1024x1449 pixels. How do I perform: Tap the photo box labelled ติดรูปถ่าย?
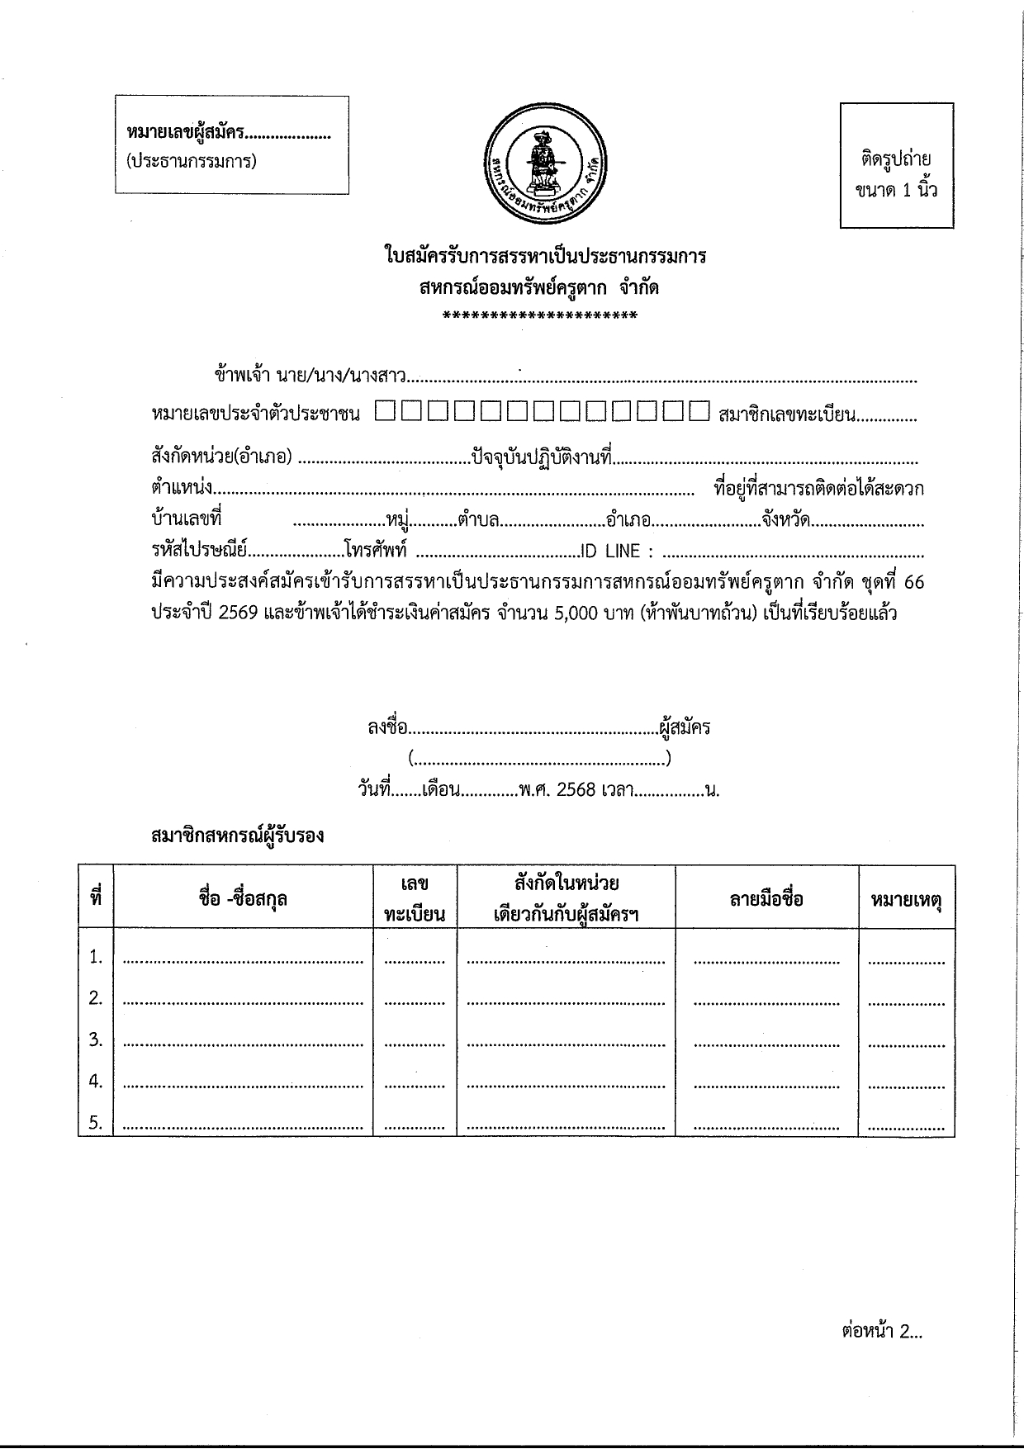(x=897, y=165)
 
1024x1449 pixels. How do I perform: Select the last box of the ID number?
(x=699, y=411)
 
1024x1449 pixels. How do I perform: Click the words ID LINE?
(x=610, y=552)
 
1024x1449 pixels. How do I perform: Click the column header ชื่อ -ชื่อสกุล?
(x=243, y=898)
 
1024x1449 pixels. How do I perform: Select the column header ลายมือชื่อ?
(x=766, y=898)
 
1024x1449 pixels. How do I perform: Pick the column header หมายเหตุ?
(x=906, y=898)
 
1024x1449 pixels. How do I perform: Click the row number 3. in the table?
(x=96, y=1039)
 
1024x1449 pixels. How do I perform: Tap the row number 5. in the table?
(x=96, y=1122)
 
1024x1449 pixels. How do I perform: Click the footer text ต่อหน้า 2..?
(x=881, y=1331)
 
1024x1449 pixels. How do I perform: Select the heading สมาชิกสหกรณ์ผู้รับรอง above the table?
(x=238, y=836)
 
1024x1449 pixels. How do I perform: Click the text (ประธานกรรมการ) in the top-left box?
(x=192, y=161)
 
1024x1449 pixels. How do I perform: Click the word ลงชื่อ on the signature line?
(x=387, y=728)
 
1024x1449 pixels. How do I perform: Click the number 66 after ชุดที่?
(x=913, y=583)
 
